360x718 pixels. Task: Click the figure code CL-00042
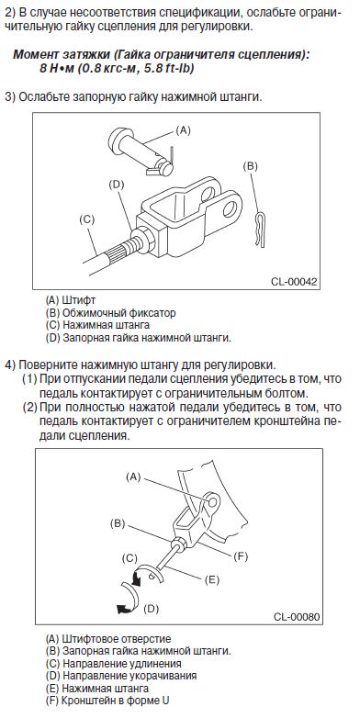coord(294,282)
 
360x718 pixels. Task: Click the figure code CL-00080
coord(297,616)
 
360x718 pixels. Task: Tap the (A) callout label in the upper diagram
coord(183,130)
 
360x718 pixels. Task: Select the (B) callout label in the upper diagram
coord(250,166)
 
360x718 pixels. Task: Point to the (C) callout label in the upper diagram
coord(86,219)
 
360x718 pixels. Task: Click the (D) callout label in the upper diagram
coord(118,185)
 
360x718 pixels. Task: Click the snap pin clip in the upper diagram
coord(260,229)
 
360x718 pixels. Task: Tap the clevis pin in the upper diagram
coord(141,151)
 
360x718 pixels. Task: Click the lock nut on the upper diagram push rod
coord(143,239)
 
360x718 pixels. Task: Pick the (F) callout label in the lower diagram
coord(241,556)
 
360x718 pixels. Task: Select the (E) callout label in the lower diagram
coord(211,579)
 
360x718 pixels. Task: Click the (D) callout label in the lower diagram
coord(152,609)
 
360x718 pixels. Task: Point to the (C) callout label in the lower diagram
coord(130,558)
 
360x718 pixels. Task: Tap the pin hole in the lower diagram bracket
coord(212,502)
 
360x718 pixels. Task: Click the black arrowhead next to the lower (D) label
coord(123,609)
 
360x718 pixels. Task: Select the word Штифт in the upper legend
coord(79,300)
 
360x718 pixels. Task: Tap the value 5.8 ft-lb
coord(171,70)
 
